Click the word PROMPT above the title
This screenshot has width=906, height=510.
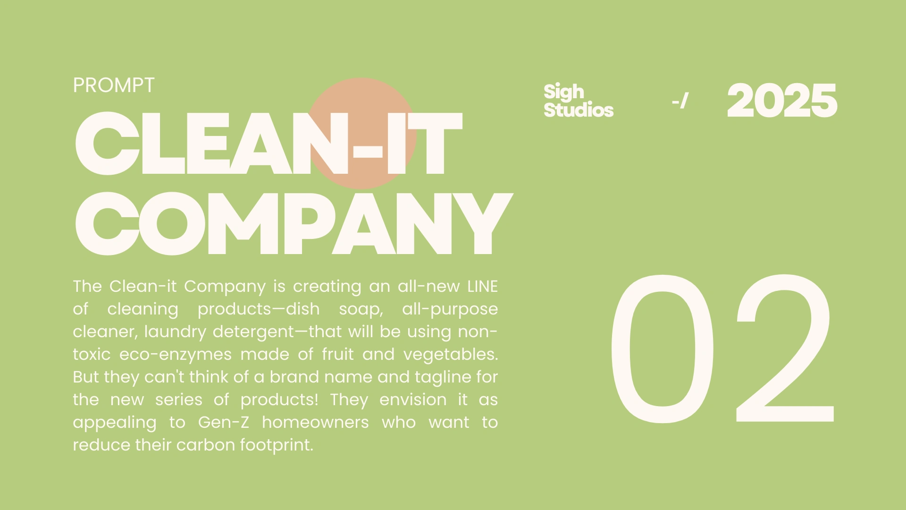[113, 85]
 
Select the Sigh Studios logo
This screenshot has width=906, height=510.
[579, 101]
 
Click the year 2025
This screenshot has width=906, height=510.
[782, 101]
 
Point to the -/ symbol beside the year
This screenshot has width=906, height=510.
[680, 101]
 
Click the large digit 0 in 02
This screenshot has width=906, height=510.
[663, 348]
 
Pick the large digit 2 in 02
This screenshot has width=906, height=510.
[784, 348]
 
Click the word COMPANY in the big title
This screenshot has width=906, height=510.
[294, 223]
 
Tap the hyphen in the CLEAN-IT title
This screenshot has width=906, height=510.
[368, 151]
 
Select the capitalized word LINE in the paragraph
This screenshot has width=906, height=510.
[482, 287]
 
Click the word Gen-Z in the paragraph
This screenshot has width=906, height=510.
[223, 422]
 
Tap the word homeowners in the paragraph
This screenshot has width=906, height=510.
[315, 422]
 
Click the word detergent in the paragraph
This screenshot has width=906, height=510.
[254, 332]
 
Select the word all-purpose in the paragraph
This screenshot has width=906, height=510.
[450, 309]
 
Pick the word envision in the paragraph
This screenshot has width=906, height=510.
[413, 400]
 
